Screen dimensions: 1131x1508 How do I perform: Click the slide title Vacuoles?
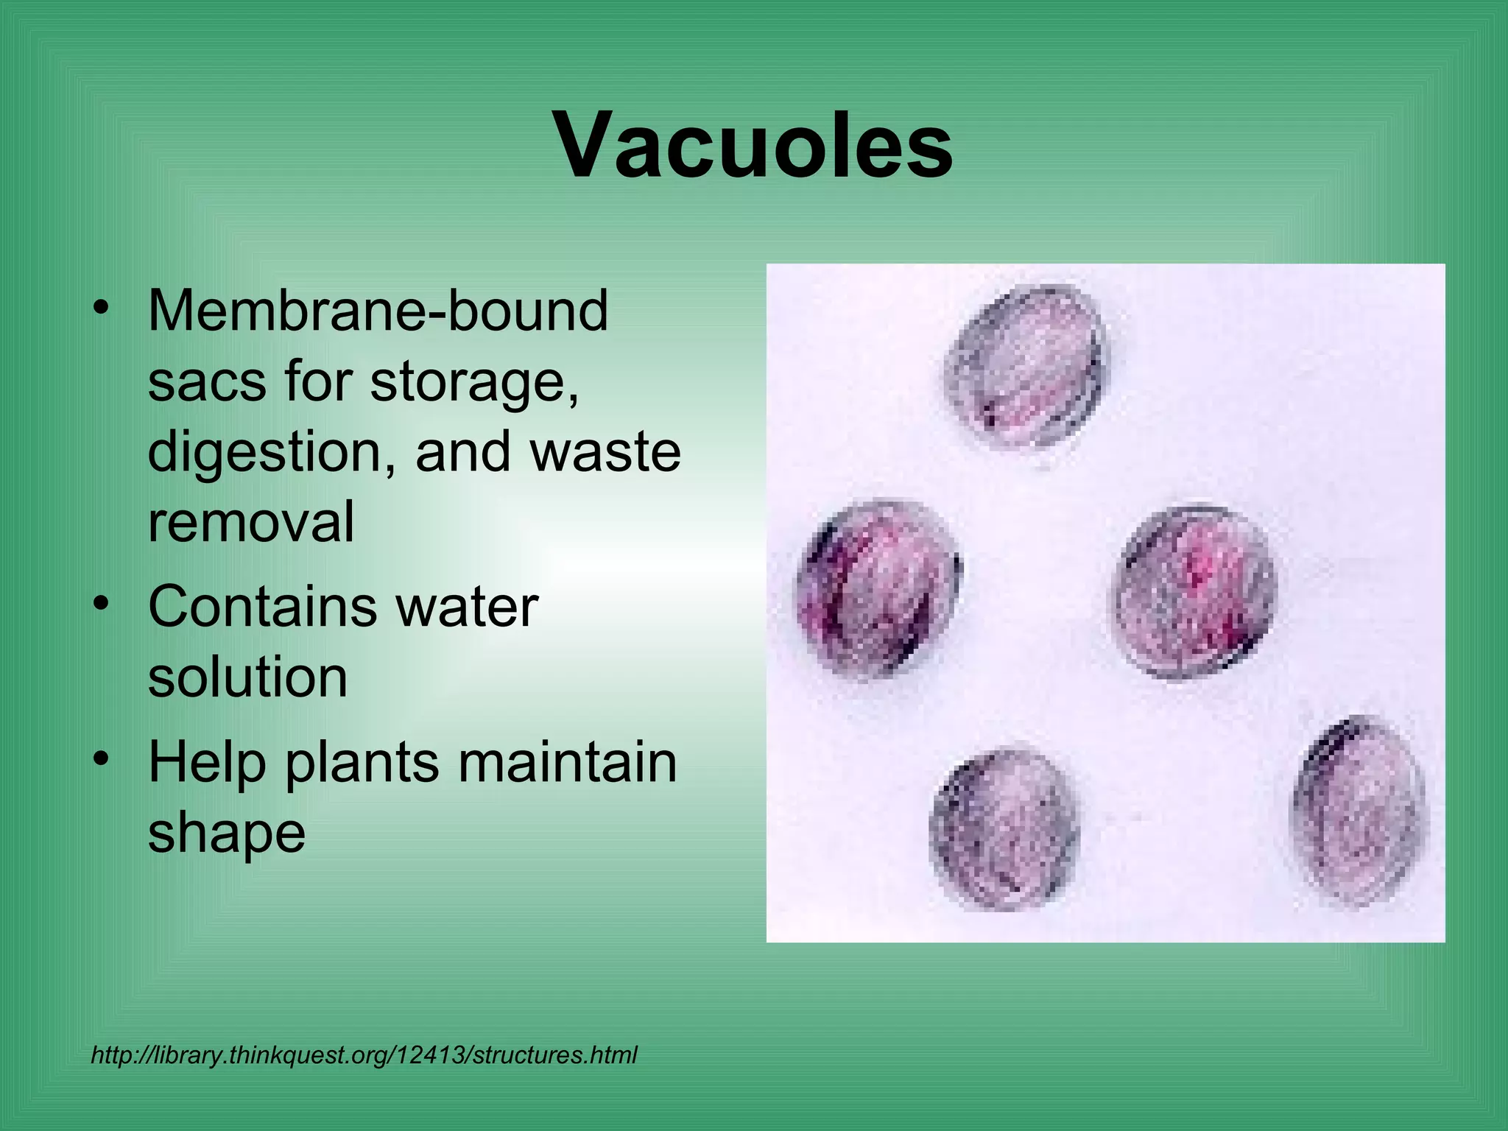pos(754,145)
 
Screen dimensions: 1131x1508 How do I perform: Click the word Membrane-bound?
pos(378,311)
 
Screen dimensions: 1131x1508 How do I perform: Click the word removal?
pos(251,521)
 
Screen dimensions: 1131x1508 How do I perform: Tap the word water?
pos(466,607)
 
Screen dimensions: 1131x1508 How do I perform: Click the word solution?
pos(247,677)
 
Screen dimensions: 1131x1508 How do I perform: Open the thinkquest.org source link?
pos(364,1055)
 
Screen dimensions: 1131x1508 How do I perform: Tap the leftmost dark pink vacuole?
pos(878,589)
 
